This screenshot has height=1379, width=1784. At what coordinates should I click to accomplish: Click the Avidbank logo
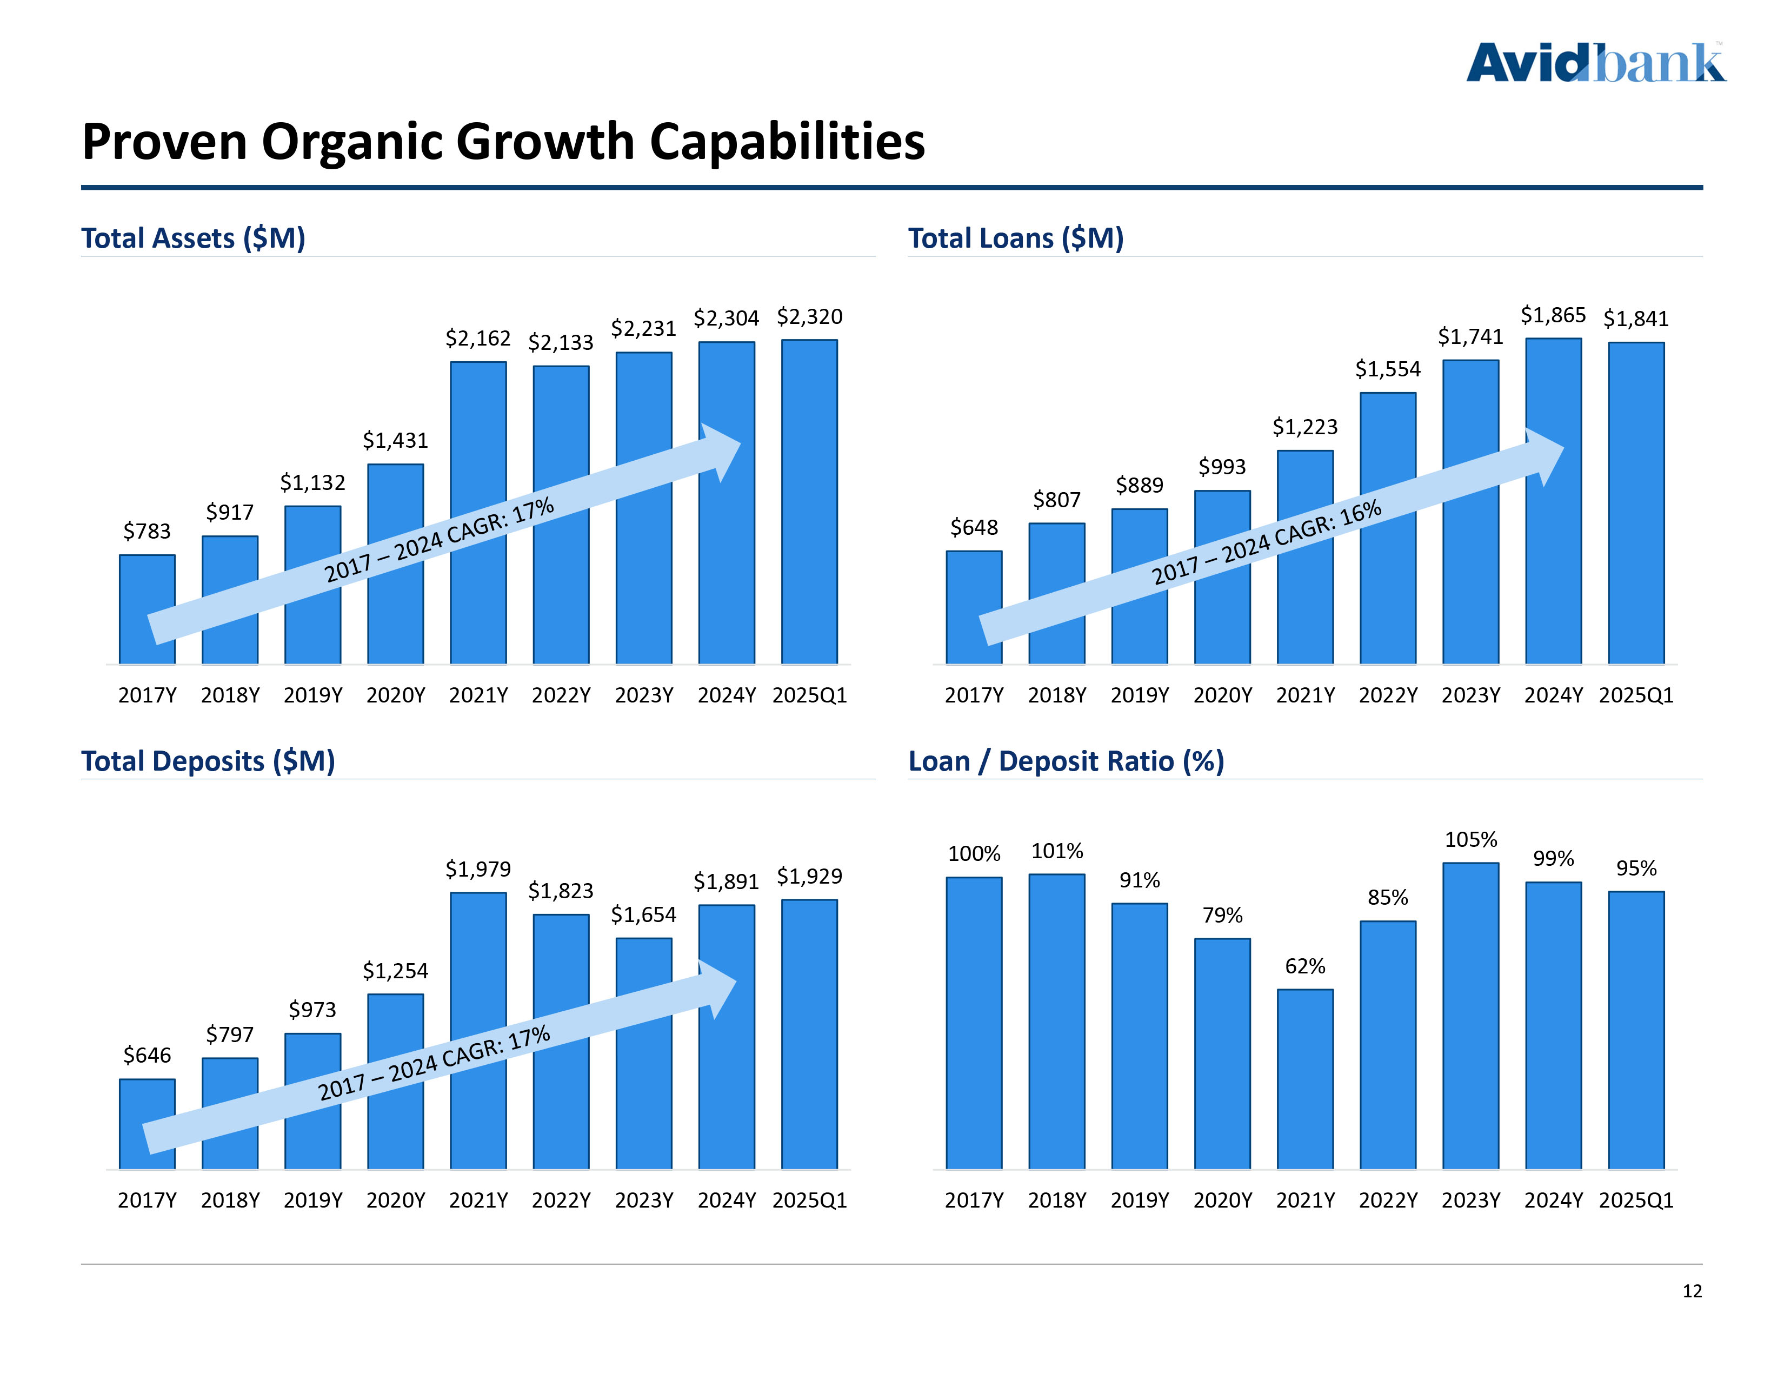point(1595,64)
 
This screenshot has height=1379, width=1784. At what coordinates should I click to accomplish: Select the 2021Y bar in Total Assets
point(478,512)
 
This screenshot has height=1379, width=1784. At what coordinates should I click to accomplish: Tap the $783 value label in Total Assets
point(147,531)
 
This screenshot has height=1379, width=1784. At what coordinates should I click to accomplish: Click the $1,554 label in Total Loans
point(1388,369)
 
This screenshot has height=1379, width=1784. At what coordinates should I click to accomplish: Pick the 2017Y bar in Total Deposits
point(147,1123)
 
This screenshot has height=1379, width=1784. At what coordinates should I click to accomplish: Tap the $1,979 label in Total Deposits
point(478,869)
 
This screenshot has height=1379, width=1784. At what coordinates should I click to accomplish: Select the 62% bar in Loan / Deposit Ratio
point(1304,1078)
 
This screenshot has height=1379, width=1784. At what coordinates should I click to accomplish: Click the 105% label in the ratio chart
point(1470,840)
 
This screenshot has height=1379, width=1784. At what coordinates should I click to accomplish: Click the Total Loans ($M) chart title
point(1015,238)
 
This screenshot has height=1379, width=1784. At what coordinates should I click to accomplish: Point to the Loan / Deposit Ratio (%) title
point(1066,761)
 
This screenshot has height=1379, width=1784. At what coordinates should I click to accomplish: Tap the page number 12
point(1692,1291)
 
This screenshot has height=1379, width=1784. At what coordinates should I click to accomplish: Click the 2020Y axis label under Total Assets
point(395,695)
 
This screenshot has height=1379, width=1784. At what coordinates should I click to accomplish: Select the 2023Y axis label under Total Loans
point(1470,695)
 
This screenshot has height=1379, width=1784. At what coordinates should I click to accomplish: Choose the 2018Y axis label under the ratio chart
point(1057,1200)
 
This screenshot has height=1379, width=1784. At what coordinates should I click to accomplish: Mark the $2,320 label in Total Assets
point(809,317)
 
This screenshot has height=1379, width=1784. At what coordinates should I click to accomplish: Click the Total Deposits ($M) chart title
point(208,761)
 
